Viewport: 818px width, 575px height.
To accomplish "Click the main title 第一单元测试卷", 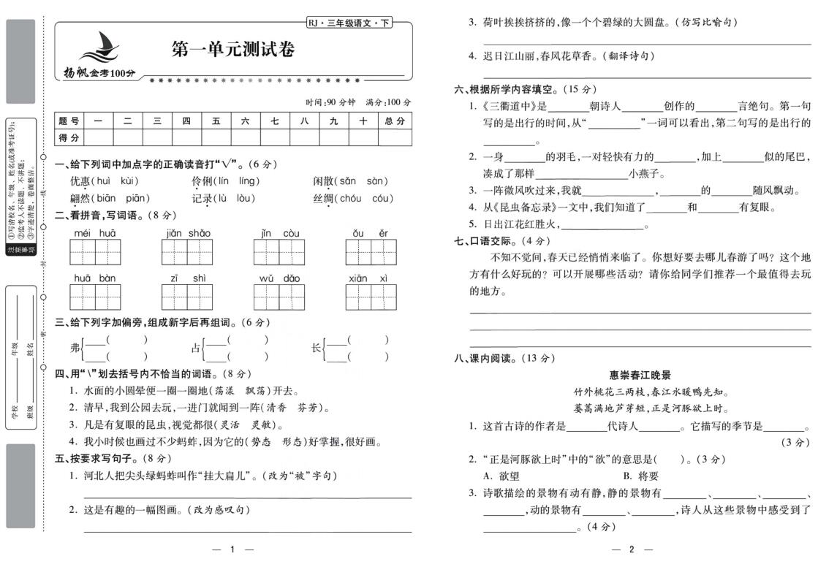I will [x=232, y=50].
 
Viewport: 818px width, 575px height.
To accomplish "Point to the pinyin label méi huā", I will [x=95, y=233].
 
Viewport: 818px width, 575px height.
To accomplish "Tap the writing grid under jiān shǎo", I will [x=188, y=252].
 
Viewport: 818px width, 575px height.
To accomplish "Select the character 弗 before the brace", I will [x=75, y=349].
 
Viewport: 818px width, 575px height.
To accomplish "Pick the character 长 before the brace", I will [x=316, y=349].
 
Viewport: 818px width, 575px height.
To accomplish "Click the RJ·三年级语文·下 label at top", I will [x=349, y=23].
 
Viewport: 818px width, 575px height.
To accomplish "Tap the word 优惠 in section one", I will [x=80, y=181].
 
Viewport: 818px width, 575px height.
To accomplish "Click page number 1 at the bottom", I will [x=232, y=549].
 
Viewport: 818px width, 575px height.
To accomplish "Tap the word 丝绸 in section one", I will [x=323, y=199].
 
